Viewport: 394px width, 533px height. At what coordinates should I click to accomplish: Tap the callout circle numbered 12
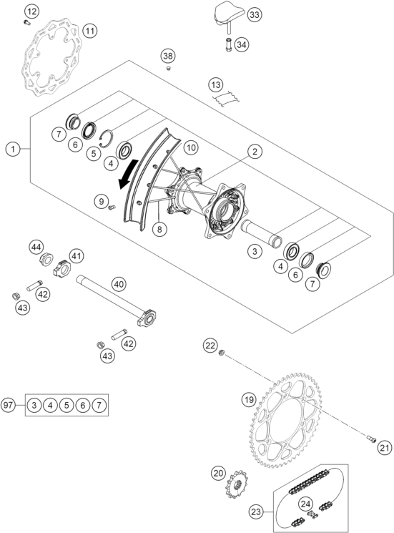tap(31, 12)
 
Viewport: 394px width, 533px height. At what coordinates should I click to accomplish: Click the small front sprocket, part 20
tap(236, 484)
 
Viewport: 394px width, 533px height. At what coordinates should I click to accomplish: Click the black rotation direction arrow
tap(128, 174)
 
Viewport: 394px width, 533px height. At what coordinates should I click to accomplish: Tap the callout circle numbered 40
tap(119, 284)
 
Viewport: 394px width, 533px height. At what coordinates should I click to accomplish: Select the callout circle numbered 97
tap(8, 405)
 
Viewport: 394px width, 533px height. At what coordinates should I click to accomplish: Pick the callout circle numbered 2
tap(255, 152)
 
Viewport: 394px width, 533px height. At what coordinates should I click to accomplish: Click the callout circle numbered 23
tap(257, 512)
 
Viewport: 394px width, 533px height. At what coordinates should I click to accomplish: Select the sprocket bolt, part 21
tap(371, 439)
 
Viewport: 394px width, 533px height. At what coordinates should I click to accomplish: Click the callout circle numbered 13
tap(216, 84)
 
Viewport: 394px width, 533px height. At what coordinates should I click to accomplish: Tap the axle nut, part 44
tap(46, 260)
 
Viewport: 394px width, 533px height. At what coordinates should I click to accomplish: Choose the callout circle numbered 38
tap(168, 56)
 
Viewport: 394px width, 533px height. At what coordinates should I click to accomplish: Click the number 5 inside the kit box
tap(67, 405)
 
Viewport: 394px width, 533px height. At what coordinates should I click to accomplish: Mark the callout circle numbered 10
tap(191, 147)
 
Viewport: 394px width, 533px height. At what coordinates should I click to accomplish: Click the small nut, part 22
tap(221, 353)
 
